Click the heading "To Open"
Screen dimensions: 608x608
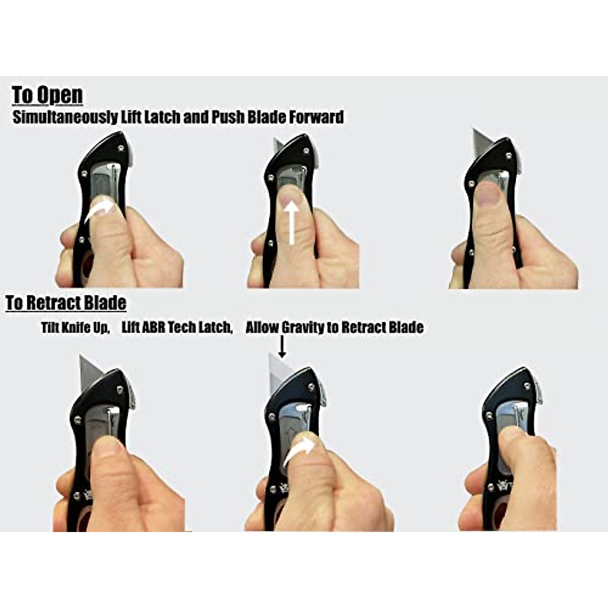47,95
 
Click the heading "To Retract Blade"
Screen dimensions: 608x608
66,303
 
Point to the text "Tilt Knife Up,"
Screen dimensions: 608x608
75,327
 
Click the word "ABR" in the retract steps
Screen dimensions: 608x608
153,327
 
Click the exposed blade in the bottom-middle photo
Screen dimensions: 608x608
278,372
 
